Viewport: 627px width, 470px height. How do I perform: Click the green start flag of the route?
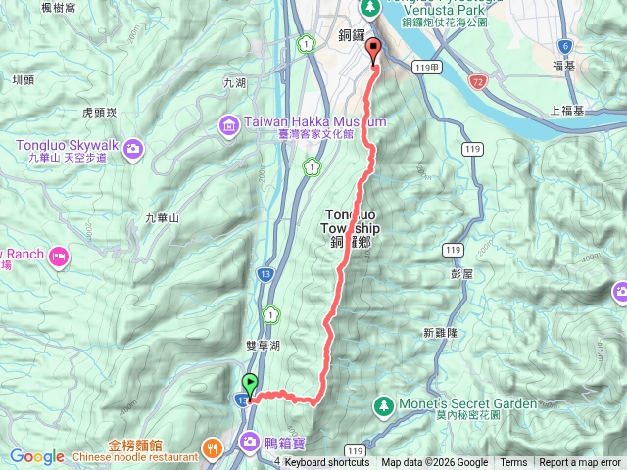250,384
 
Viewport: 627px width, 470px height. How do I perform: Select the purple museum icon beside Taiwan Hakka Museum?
228,124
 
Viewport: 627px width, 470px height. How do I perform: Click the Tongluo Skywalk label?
66,145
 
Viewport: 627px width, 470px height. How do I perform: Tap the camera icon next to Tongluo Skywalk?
133,148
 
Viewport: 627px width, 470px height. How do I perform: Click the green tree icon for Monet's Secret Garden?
383,404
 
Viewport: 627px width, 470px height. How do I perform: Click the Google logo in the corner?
37,456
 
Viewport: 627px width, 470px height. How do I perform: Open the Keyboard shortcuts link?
327,463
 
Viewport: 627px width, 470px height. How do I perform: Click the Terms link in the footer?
513,463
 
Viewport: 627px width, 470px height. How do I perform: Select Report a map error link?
580,463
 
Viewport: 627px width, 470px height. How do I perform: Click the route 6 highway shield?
564,46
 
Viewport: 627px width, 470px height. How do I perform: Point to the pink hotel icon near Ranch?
59,257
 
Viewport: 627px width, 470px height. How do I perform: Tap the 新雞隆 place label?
441,333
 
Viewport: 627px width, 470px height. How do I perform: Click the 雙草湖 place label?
265,345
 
